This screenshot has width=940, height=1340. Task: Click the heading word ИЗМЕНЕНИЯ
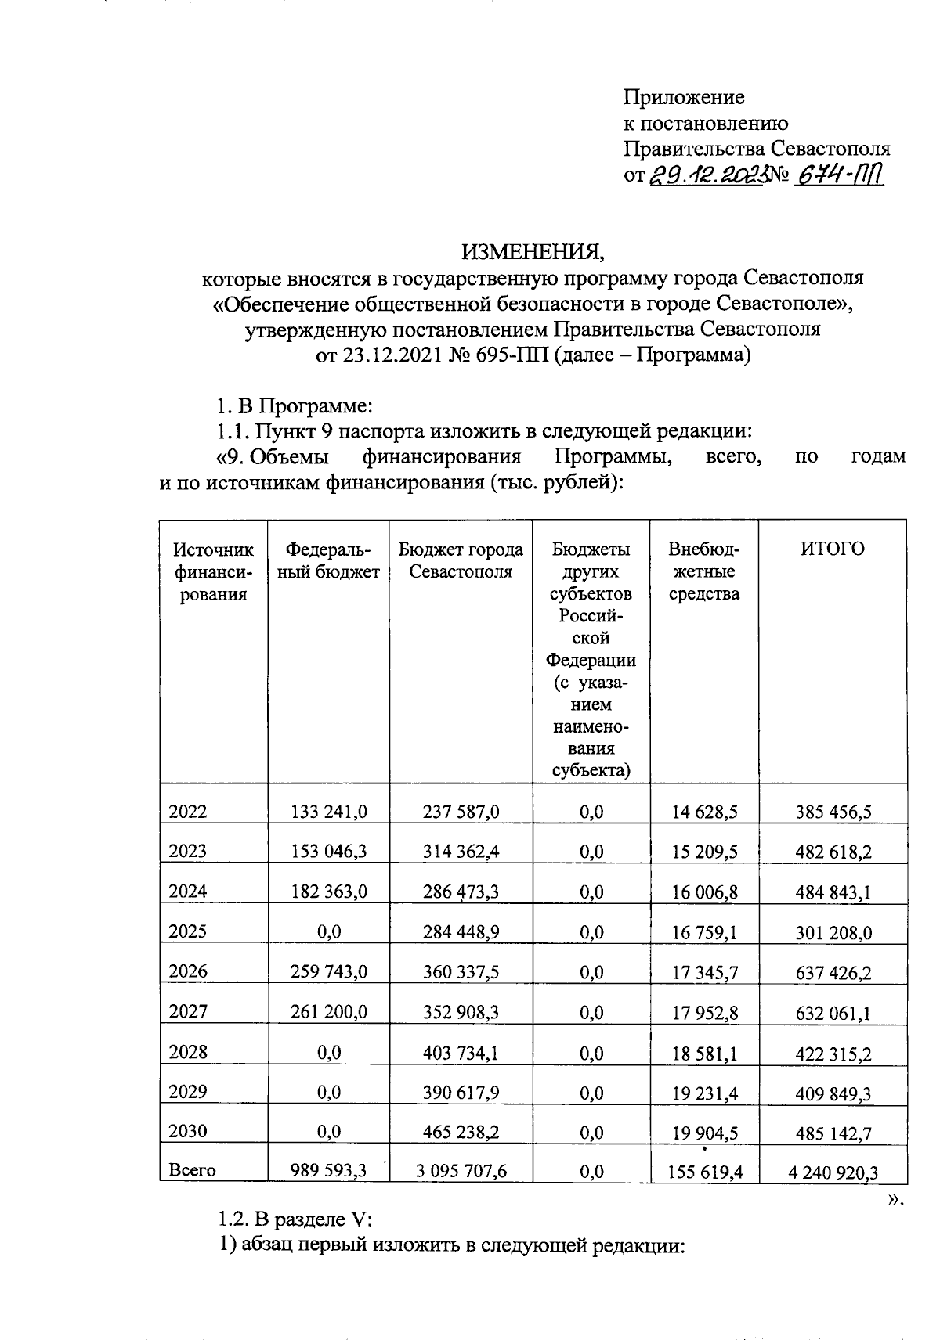(x=533, y=252)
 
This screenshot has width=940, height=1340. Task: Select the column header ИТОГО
(x=832, y=549)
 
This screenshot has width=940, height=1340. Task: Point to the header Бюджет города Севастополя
(x=461, y=560)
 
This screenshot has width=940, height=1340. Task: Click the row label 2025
(x=188, y=931)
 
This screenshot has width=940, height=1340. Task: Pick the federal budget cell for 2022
(x=328, y=812)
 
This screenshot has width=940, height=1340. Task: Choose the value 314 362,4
(x=461, y=852)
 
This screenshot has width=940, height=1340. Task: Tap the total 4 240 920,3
(x=833, y=1172)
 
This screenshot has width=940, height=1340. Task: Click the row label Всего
(x=192, y=1170)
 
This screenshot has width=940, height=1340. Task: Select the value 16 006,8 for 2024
(x=704, y=892)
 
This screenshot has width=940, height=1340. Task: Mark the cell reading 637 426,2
(x=833, y=973)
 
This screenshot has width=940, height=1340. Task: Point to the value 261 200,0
(x=328, y=1012)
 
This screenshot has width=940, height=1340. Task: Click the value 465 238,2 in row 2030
(x=461, y=1132)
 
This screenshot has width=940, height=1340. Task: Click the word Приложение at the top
(x=683, y=97)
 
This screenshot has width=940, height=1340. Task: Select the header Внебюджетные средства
(x=703, y=571)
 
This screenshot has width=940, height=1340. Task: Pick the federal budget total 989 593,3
(x=328, y=1170)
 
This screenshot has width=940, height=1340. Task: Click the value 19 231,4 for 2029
(x=704, y=1093)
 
